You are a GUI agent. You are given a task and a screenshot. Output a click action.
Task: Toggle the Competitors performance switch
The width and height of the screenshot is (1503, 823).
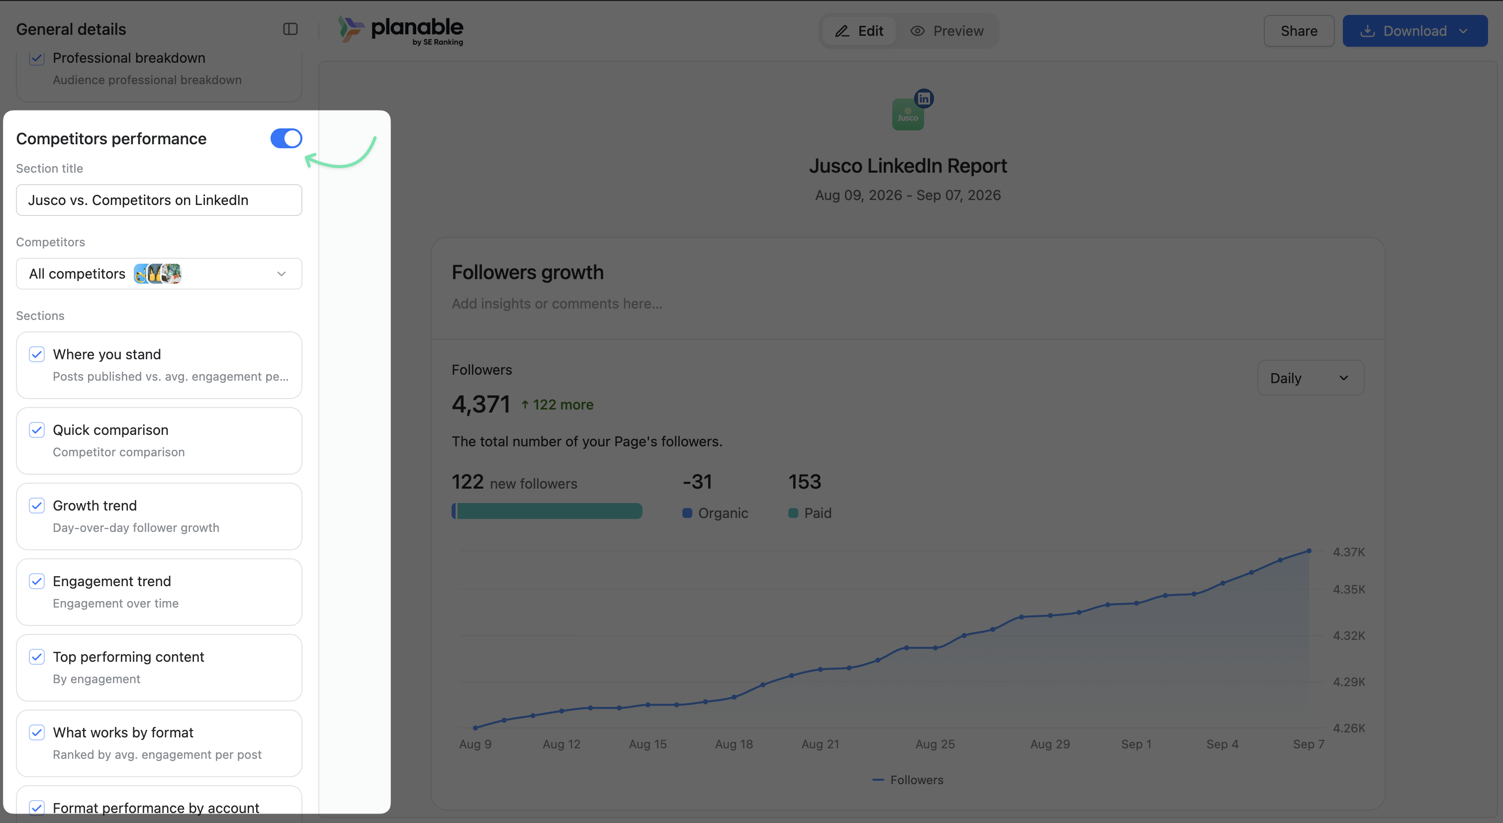[x=286, y=138]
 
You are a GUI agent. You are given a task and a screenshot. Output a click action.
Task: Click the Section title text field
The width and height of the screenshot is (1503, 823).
[x=159, y=200]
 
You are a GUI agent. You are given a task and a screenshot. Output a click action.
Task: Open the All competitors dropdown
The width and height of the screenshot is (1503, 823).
[x=159, y=274]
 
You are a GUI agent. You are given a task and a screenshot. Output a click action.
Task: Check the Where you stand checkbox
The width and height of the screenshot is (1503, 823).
[x=37, y=354]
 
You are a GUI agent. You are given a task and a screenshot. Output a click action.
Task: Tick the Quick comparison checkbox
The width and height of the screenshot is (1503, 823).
[x=37, y=430]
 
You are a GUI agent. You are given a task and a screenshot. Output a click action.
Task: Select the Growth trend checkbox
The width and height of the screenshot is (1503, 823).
[x=37, y=506]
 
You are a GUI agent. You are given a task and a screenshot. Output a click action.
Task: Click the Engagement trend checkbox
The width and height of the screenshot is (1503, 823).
[x=37, y=581]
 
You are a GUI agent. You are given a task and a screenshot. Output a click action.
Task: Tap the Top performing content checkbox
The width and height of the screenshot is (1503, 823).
[x=37, y=657]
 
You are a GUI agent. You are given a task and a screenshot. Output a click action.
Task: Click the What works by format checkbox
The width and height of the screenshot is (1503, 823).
[x=37, y=732]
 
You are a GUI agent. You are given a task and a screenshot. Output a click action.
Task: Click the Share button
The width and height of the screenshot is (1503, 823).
[x=1299, y=31]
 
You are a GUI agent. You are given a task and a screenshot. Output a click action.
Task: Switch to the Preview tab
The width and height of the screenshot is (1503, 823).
[x=947, y=31]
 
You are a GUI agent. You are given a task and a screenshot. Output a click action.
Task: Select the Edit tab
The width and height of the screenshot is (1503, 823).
[x=859, y=31]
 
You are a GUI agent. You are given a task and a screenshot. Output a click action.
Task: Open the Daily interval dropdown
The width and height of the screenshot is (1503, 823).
[x=1311, y=378]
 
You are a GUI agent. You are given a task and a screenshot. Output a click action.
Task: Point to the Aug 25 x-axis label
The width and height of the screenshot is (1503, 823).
[x=936, y=744]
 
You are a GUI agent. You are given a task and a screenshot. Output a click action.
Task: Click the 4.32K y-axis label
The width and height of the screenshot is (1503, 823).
[x=1349, y=635]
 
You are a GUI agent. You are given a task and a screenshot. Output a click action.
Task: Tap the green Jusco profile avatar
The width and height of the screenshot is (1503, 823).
[x=908, y=114]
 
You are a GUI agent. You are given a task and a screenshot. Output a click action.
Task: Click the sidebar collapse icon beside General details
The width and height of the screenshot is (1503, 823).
[x=290, y=29]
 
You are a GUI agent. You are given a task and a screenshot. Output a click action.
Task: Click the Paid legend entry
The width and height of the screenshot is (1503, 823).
[x=810, y=513]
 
